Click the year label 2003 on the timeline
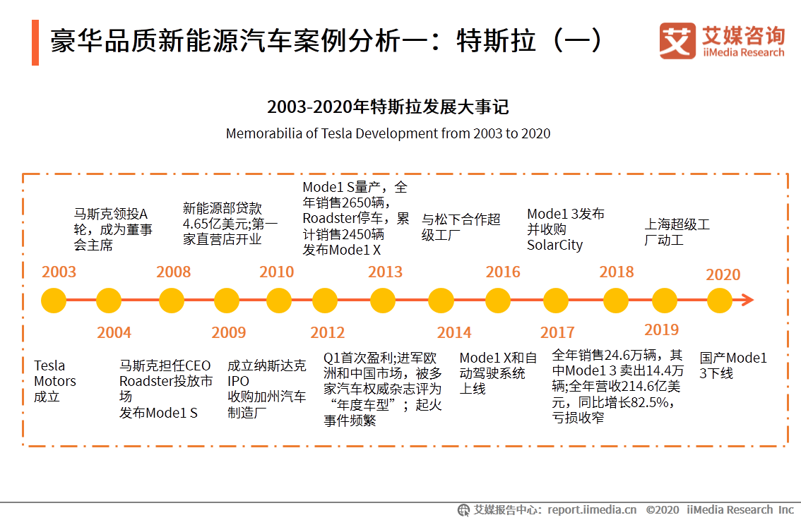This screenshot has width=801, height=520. click(59, 272)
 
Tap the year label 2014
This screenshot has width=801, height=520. click(453, 332)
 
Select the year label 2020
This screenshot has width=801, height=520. click(723, 275)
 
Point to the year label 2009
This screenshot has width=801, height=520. click(228, 332)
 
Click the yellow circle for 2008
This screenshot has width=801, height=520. click(172, 301)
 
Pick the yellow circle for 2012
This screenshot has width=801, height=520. click(325, 301)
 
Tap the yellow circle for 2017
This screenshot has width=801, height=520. click(558, 301)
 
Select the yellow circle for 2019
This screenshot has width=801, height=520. click(664, 301)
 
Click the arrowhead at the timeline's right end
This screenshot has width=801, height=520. click(747, 301)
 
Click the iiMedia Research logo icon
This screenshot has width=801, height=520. click(677, 41)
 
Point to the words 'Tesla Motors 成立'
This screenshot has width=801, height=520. click(54, 381)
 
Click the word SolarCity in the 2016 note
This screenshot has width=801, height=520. click(554, 246)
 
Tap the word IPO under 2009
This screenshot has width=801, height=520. click(238, 382)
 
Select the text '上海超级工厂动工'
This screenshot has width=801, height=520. click(677, 232)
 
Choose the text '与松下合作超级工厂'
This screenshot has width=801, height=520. click(461, 227)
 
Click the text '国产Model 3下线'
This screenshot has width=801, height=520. click(732, 365)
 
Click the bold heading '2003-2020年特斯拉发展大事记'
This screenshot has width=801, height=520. click(388, 107)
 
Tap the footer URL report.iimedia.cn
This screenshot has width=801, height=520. click(592, 509)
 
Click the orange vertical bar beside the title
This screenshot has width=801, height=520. click(35, 42)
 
